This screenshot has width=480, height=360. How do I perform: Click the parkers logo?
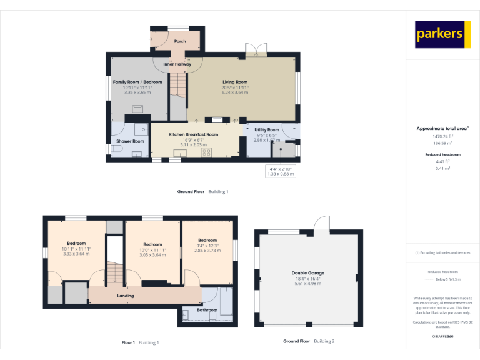442,34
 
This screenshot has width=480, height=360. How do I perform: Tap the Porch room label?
180,42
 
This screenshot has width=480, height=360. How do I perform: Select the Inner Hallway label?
177,64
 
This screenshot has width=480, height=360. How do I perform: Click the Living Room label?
235,82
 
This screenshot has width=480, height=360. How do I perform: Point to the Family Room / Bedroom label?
137,82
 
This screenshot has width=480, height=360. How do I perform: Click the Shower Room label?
130,141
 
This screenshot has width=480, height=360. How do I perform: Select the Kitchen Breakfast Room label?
193,134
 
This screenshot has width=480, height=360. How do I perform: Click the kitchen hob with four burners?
206,152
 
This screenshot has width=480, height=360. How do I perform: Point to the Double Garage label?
307,273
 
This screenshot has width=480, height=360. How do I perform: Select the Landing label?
126,296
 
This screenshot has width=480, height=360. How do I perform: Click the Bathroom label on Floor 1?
207,310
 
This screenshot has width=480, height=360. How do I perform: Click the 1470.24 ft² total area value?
442,136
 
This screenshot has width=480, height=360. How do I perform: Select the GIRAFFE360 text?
442,337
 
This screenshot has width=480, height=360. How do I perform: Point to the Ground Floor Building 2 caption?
309,341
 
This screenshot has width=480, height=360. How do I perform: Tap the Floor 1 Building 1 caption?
140,342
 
